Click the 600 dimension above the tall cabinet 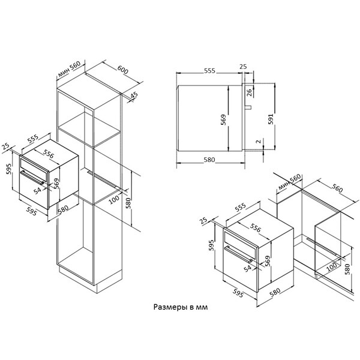(122, 70)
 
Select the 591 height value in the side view (271, 119)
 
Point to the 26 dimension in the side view (249, 92)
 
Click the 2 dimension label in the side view (259, 142)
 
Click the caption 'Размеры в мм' (181, 307)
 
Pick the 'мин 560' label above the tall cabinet (69, 69)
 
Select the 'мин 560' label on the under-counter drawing (290, 182)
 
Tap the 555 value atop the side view (209, 70)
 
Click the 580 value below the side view (209, 160)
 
